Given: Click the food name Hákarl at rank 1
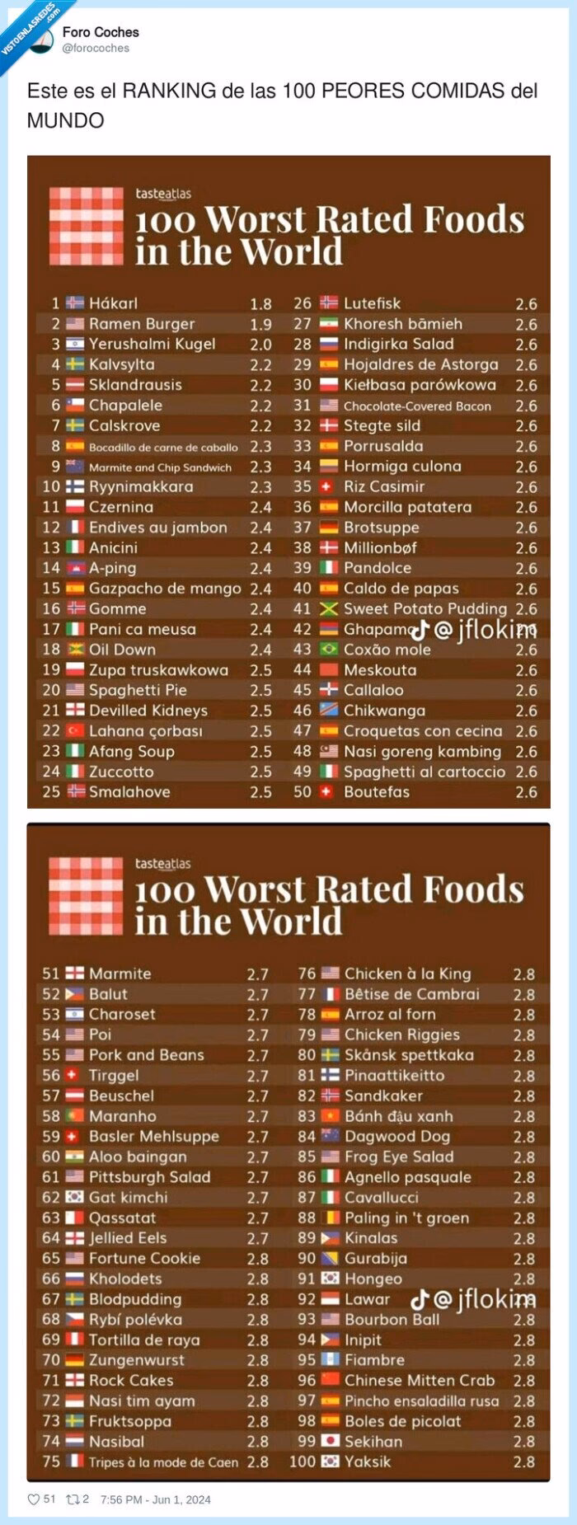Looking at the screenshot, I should (113, 303).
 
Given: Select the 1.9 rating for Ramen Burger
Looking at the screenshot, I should (260, 324).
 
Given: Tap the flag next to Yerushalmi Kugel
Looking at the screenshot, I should (75, 344).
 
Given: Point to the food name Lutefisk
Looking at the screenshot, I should (372, 303).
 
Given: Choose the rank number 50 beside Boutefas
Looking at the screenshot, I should (303, 792).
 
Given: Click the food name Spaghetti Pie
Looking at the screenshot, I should (138, 690).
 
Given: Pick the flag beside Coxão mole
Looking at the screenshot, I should (329, 650).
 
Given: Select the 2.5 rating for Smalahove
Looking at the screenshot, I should (260, 792).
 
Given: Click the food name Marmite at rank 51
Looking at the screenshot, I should (120, 974).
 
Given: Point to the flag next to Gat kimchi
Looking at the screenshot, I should (75, 1197).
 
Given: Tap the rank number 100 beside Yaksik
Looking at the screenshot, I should (303, 1462).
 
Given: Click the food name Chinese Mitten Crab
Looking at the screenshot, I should (419, 1380).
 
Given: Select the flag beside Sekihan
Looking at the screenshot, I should (330, 1442).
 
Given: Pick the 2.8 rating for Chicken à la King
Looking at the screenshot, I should (524, 974).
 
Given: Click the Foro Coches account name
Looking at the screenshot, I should (101, 32).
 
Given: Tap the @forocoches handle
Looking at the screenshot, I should (96, 49).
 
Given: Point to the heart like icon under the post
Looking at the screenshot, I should (34, 1499).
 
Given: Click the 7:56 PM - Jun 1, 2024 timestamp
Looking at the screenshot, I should (155, 1499).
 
